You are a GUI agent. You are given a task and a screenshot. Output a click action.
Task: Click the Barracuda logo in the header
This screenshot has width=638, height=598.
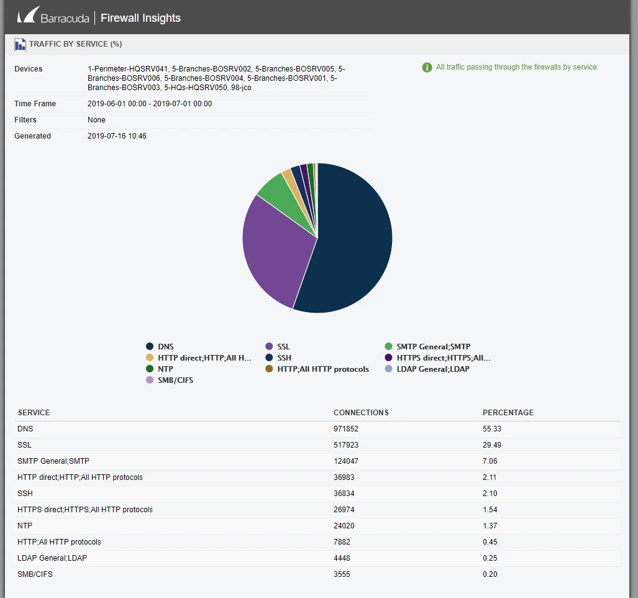[53, 17]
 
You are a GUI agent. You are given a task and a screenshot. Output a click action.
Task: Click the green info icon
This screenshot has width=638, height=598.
[427, 67]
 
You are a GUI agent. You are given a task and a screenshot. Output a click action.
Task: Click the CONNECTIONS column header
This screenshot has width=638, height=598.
[361, 413]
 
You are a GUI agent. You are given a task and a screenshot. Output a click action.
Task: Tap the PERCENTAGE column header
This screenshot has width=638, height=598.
[508, 413]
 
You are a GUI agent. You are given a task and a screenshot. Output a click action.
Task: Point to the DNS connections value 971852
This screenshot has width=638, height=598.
[346, 429]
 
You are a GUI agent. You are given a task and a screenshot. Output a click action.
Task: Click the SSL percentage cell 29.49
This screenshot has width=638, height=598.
[491, 445]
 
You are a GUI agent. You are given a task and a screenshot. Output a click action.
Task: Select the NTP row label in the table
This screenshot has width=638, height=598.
[25, 526]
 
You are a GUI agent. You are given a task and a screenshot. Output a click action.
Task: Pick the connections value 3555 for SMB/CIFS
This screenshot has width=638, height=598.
[342, 574]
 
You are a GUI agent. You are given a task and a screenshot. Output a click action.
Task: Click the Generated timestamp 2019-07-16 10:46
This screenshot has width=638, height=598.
[117, 136]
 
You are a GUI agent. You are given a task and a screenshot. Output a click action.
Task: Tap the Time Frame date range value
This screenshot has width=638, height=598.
[149, 104]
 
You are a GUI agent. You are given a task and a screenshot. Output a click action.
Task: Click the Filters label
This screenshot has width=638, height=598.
[25, 120]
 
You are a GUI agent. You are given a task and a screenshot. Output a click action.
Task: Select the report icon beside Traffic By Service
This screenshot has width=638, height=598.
[20, 45]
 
